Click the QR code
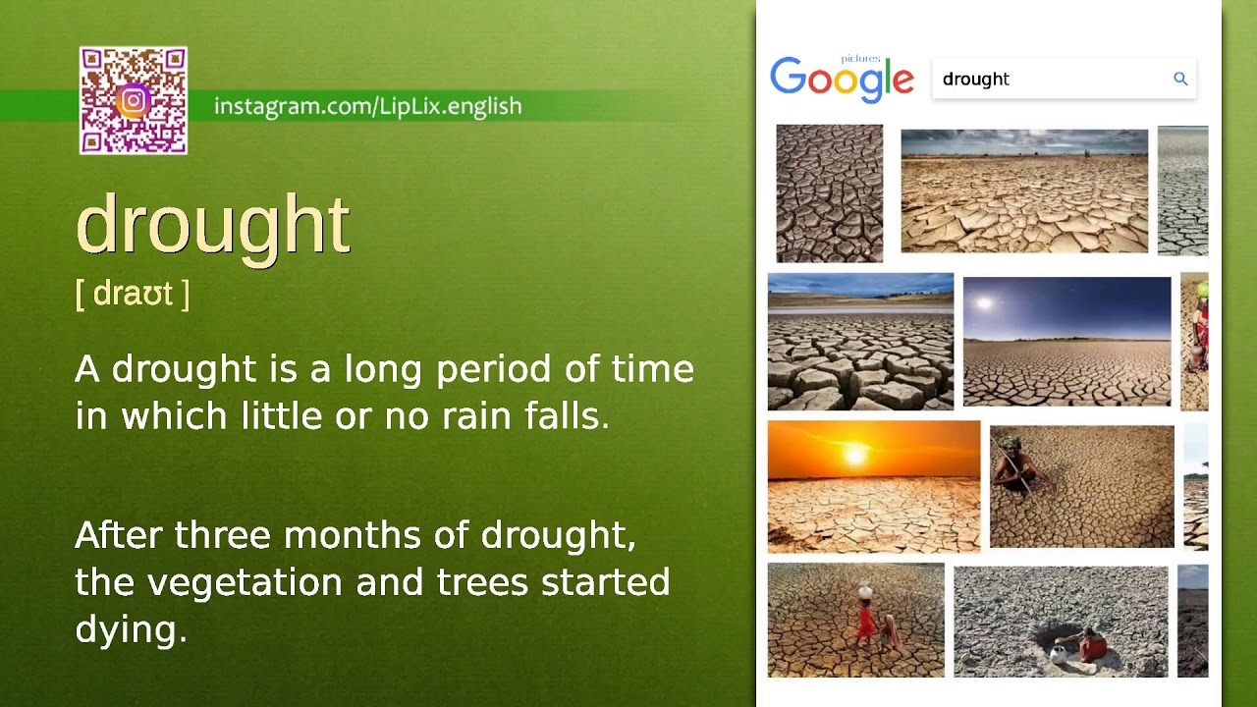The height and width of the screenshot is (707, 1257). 134,100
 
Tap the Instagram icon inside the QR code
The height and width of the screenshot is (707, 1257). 134,100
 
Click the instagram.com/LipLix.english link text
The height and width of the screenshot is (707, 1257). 367,106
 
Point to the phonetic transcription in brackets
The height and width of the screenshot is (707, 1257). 132,293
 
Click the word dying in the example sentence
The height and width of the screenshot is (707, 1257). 130,629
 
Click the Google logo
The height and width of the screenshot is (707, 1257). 842,80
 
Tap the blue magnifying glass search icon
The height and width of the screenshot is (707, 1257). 1180,79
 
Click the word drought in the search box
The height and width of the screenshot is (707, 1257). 975,80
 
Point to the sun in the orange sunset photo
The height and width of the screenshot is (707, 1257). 854,454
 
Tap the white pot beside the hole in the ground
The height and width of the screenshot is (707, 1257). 1058,652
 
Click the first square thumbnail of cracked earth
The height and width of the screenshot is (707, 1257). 829,192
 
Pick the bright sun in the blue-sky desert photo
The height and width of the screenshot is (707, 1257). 985,303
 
